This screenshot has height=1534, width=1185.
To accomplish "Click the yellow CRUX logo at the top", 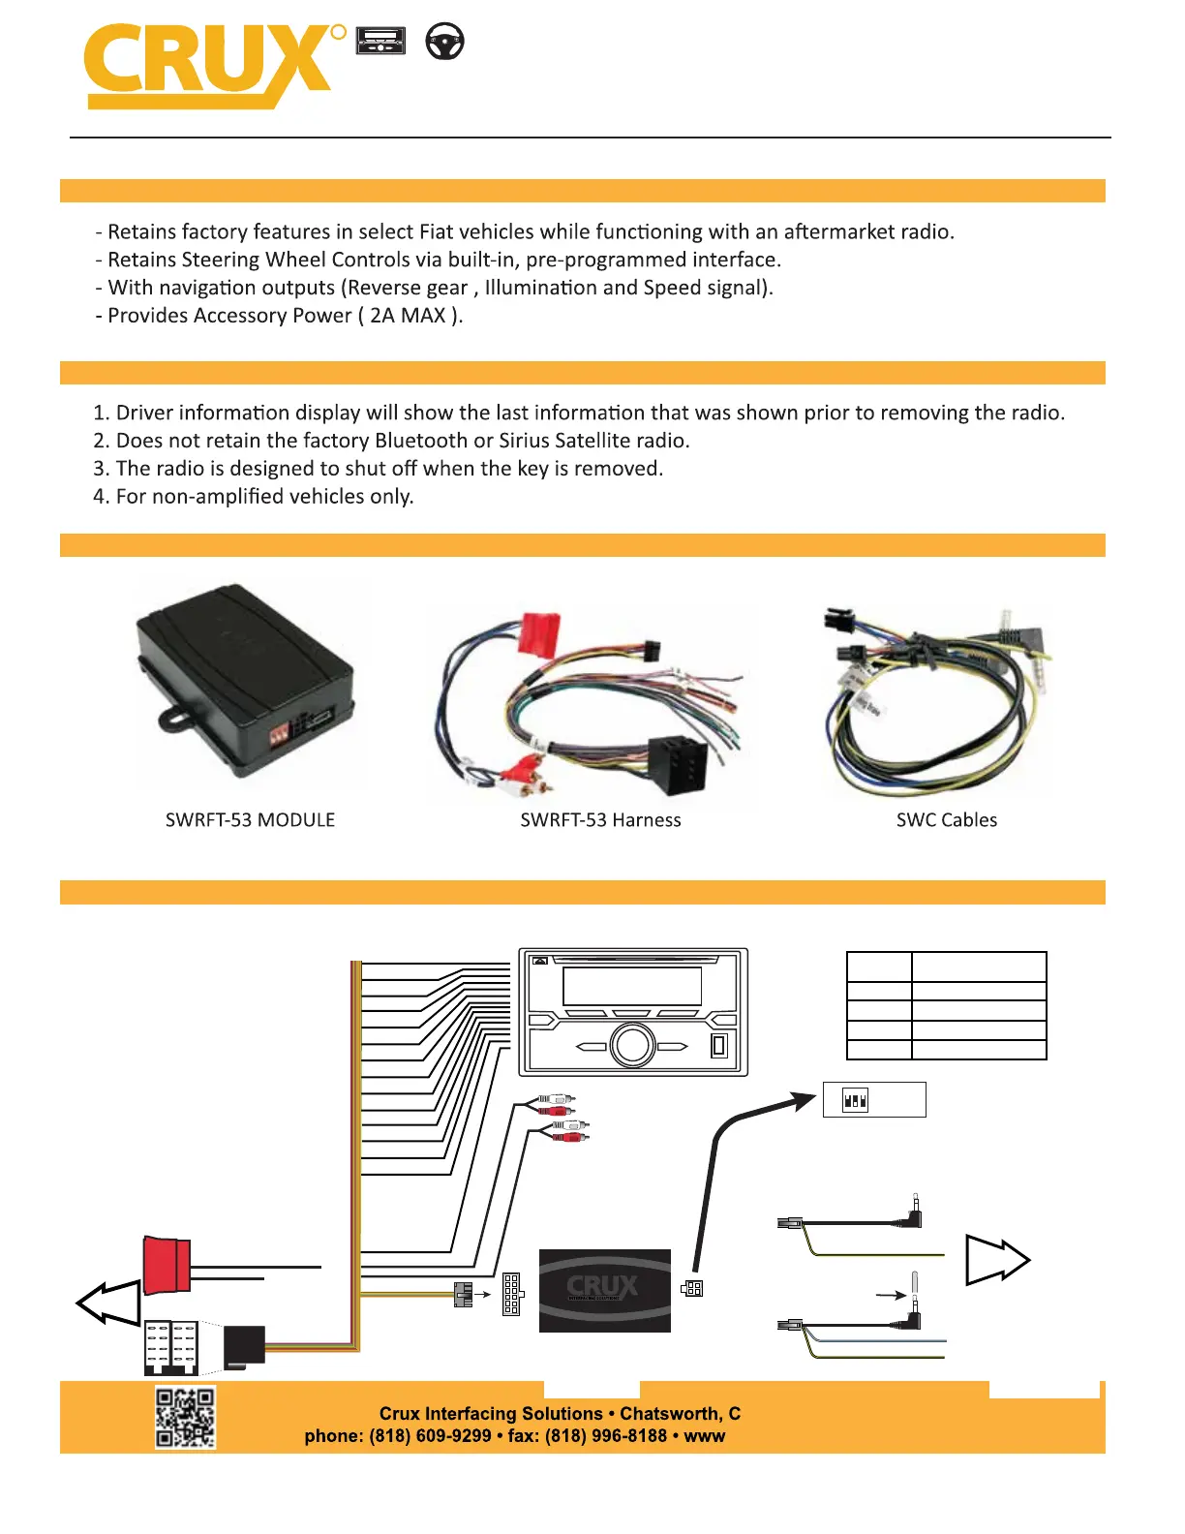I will tap(208, 64).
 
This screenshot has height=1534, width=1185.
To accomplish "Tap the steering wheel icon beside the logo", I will tap(445, 42).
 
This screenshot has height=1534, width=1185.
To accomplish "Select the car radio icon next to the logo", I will tap(380, 42).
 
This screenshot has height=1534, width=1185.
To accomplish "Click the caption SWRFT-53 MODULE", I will tap(250, 820).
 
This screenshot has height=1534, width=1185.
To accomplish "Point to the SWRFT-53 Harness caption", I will tap(600, 820).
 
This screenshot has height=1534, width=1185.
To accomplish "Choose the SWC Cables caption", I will tap(946, 820).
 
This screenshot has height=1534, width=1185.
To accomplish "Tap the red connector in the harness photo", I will tap(540, 634).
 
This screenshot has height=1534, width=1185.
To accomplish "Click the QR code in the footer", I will tap(185, 1417).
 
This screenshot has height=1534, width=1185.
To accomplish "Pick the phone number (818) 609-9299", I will tap(430, 1436).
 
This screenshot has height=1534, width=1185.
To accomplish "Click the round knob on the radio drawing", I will tap(632, 1045).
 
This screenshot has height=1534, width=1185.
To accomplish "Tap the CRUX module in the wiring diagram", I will tap(604, 1290).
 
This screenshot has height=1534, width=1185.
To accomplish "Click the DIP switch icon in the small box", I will tap(855, 1100).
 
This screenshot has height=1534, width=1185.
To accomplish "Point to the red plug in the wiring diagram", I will tap(167, 1265).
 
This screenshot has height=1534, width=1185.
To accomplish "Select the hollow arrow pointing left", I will tap(108, 1303).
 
